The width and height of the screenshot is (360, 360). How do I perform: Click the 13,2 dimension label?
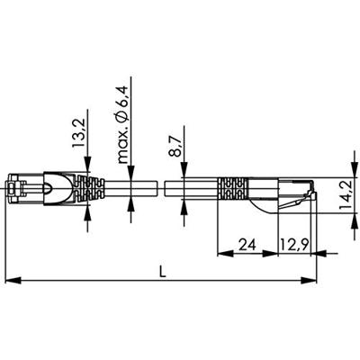tap(79, 134)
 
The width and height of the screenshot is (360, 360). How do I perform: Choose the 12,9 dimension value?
tap(293, 244)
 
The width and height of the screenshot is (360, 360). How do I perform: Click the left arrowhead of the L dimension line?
tap(12, 282)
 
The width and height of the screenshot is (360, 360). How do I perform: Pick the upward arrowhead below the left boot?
tap(87, 211)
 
